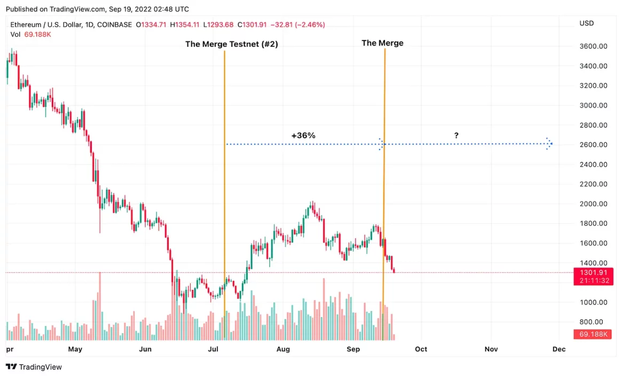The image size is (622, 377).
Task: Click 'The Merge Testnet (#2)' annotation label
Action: [231, 44]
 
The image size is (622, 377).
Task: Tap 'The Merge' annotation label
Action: [382, 43]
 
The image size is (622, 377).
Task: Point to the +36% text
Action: [303, 136]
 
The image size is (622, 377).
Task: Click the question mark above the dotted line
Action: [456, 136]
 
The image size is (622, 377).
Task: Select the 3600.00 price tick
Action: [593, 46]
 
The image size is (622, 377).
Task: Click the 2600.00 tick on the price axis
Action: [593, 145]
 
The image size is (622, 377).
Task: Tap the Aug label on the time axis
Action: [283, 349]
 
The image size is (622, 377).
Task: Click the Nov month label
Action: [491, 349]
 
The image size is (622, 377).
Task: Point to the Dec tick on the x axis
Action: [558, 349]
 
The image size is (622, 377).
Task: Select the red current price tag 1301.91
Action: [593, 273]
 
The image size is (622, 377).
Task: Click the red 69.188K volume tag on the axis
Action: [593, 334]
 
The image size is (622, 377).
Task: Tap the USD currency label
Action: [586, 23]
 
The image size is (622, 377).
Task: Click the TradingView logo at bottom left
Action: [34, 367]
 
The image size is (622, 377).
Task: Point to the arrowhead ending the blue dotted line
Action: [549, 144]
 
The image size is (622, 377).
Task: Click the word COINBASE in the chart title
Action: [113, 25]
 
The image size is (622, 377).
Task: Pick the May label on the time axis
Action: [75, 349]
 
